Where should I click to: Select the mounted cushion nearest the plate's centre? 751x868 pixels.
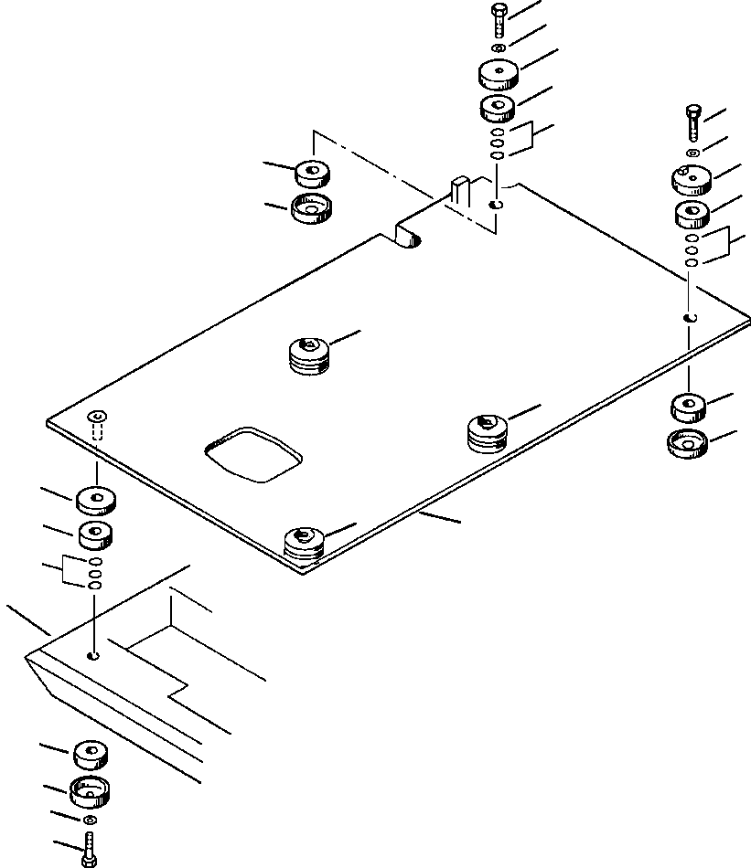coord(308,355)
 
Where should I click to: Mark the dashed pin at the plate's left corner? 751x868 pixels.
coord(97,424)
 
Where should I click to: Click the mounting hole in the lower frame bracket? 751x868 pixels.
coord(94,655)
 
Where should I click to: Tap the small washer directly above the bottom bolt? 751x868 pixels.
coord(89,822)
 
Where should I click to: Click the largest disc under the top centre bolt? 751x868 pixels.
coord(498,74)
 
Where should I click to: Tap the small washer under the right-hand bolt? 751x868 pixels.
coord(692,151)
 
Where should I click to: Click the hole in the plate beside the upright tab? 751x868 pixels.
coord(495,205)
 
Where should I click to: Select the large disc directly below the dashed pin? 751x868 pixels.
coord(96,500)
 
